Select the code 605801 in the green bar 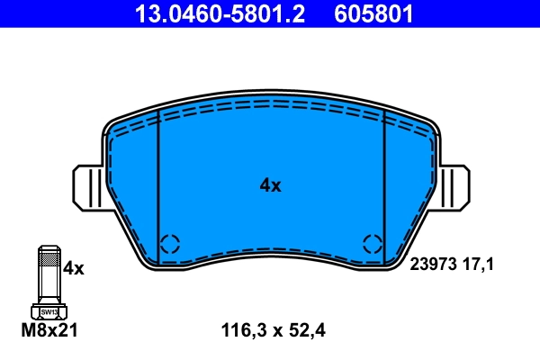pyautogui.click(x=374, y=13)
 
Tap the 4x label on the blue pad pyautogui.click(x=270, y=186)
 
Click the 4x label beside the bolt pyautogui.click(x=73, y=268)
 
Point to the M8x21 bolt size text pyautogui.click(x=49, y=330)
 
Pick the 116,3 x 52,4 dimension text pyautogui.click(x=272, y=330)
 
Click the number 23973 pyautogui.click(x=436, y=265)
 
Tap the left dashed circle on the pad pyautogui.click(x=170, y=243)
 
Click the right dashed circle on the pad pyautogui.click(x=373, y=243)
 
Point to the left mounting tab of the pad pyautogui.click(x=88, y=187)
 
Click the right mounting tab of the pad pyautogui.click(x=454, y=187)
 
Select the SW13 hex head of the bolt pyautogui.click(x=48, y=310)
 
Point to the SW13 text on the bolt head pyautogui.click(x=48, y=311)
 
